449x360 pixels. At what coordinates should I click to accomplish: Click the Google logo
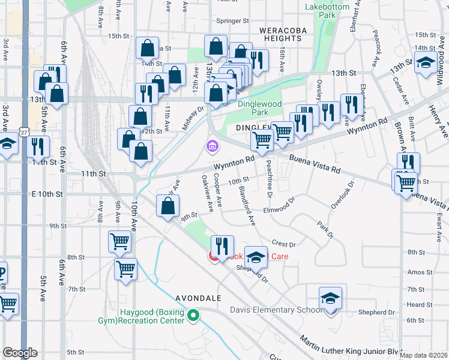[20, 353]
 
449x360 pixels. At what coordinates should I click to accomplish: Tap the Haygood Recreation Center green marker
[193, 314]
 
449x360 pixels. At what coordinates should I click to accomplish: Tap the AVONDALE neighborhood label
[199, 298]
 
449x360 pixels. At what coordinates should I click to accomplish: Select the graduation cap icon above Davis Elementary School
[330, 298]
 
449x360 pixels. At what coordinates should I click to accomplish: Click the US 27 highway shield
[24, 131]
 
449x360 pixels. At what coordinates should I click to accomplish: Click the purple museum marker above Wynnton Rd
[211, 146]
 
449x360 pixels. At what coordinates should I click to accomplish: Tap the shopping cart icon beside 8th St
[125, 269]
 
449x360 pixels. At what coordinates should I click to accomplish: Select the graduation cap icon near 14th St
[426, 63]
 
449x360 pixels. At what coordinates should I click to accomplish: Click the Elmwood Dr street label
[280, 210]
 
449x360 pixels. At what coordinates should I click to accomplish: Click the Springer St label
[232, 20]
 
